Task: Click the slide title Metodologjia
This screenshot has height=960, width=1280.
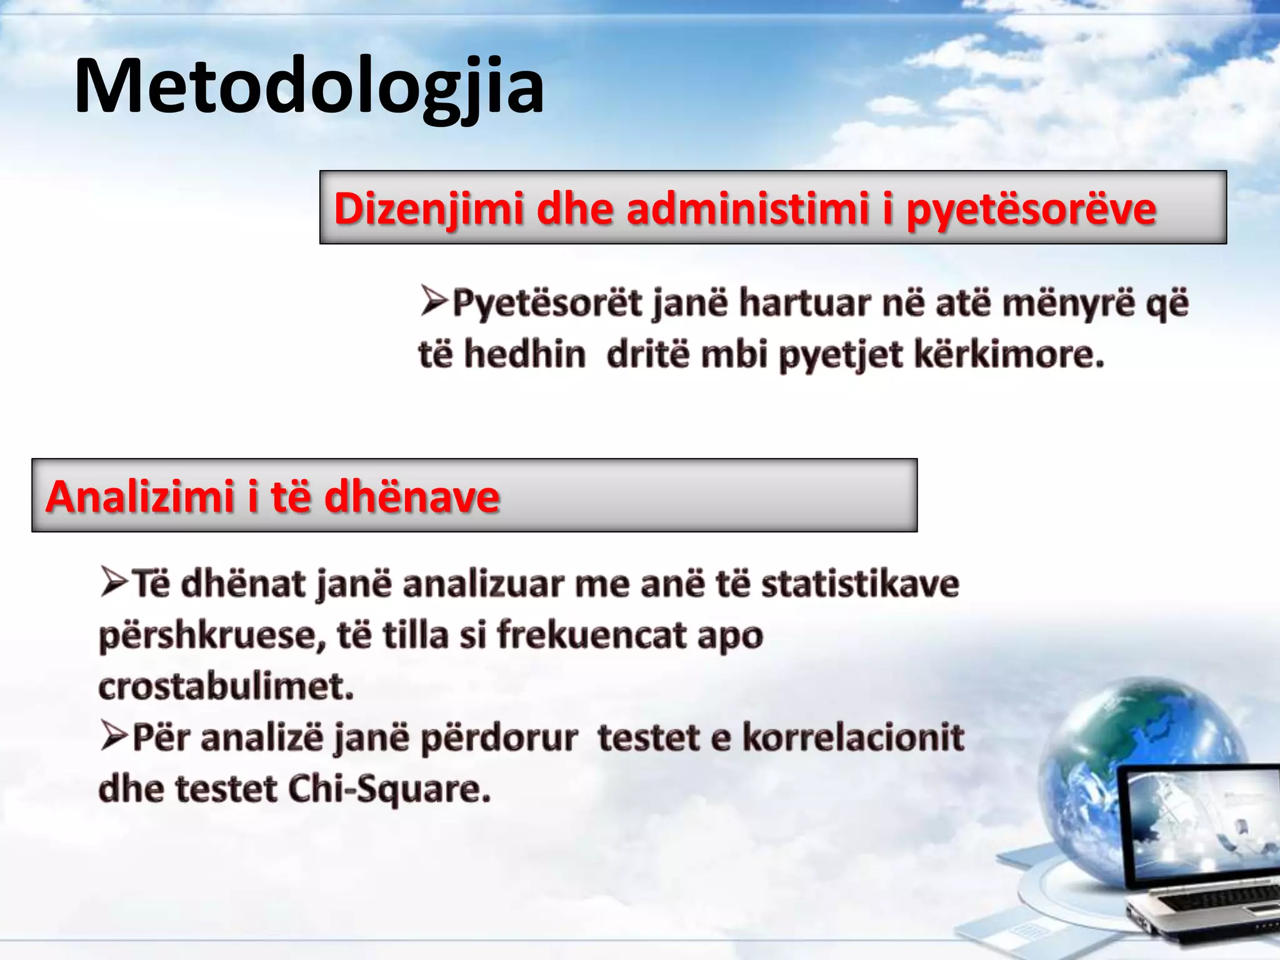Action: (309, 86)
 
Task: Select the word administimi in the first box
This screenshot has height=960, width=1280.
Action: (747, 209)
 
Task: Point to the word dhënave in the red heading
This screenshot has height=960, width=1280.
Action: (412, 497)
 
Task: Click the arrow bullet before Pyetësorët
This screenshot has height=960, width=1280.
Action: (434, 301)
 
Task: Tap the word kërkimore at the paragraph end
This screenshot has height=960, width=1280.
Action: (1009, 355)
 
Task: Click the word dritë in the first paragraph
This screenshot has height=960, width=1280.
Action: (647, 355)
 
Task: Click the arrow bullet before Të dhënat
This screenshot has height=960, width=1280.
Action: (114, 582)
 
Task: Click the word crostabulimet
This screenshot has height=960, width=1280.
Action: (226, 687)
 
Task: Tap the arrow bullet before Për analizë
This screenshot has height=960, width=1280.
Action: (114, 737)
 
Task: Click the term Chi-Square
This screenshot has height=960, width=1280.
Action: (389, 789)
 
